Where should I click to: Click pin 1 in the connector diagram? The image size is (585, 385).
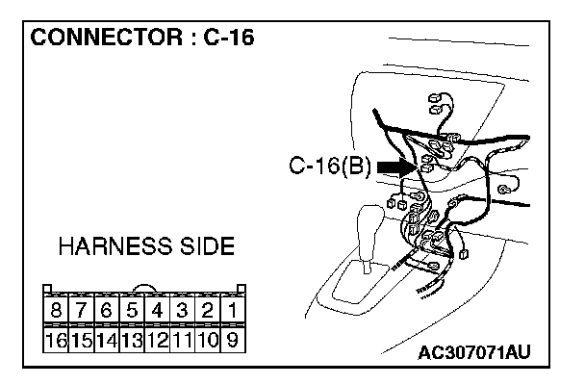click(x=232, y=312)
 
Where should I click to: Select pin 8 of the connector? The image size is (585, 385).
click(x=57, y=312)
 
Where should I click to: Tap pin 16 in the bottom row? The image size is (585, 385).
click(x=57, y=339)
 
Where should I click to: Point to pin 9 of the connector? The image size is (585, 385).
click(x=232, y=339)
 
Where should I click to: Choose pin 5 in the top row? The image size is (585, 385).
click(x=132, y=312)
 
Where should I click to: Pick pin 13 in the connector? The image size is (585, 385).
click(x=132, y=339)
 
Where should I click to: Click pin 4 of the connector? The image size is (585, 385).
click(x=157, y=312)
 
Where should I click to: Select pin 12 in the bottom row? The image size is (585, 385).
click(x=157, y=339)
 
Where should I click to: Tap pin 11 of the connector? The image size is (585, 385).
click(x=182, y=339)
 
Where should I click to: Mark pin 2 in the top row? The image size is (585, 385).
click(x=207, y=312)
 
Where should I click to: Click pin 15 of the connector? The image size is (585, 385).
click(x=82, y=339)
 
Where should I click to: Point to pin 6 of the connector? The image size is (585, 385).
click(x=107, y=312)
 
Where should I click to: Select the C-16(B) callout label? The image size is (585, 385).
click(x=329, y=167)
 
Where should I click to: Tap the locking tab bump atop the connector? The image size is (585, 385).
click(x=144, y=288)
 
